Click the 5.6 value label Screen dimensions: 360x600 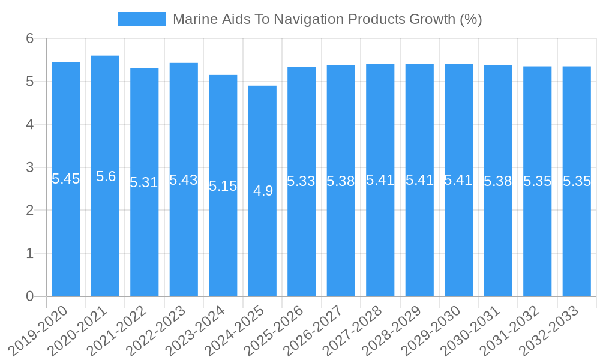(x=106, y=176)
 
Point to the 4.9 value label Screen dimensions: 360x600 (x=263, y=191)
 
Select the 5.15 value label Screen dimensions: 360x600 (x=223, y=186)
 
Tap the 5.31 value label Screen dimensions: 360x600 (x=144, y=182)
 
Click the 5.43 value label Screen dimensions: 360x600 (x=184, y=180)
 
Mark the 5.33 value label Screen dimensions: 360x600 (x=301, y=181)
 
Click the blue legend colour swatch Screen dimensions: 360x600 (x=142, y=19)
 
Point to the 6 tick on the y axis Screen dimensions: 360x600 (x=29, y=38)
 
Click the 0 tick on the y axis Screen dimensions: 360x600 (x=29, y=296)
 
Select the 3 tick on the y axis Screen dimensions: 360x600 (x=29, y=167)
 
